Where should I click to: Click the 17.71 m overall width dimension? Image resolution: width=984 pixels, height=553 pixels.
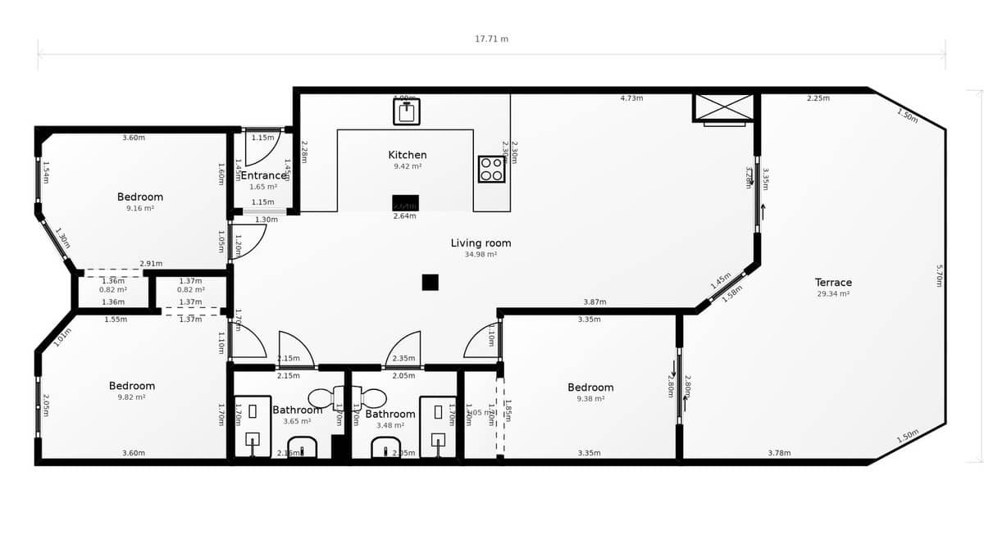pyautogui.click(x=491, y=39)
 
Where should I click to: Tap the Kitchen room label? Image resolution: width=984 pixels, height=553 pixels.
pyautogui.click(x=408, y=155)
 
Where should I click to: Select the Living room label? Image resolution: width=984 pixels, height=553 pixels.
pyautogui.click(x=481, y=243)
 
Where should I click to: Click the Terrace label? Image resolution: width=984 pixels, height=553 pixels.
pyautogui.click(x=833, y=283)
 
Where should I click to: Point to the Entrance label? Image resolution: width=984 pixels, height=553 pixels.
pyautogui.click(x=264, y=175)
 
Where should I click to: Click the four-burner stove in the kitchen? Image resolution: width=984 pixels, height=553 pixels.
pyautogui.click(x=491, y=170)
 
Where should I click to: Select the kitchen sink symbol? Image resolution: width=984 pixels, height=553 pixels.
pyautogui.click(x=406, y=111)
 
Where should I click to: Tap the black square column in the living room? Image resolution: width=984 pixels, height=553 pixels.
pyautogui.click(x=430, y=282)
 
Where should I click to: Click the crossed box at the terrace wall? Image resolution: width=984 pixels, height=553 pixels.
pyautogui.click(x=723, y=107)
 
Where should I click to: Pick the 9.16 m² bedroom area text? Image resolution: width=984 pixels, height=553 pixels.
pyautogui.click(x=140, y=208)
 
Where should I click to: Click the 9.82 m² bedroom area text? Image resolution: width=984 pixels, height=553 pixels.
pyautogui.click(x=132, y=397)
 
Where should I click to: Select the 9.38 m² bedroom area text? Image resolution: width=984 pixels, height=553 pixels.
pyautogui.click(x=590, y=399)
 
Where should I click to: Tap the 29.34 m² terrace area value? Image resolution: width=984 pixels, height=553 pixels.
pyautogui.click(x=833, y=293)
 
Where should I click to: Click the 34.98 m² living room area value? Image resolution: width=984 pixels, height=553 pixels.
pyautogui.click(x=481, y=254)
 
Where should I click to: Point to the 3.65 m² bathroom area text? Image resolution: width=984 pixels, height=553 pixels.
pyautogui.click(x=297, y=421)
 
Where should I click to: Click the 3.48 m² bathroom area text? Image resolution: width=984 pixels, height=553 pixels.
pyautogui.click(x=390, y=425)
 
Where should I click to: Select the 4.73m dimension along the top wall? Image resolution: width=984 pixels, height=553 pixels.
pyautogui.click(x=631, y=98)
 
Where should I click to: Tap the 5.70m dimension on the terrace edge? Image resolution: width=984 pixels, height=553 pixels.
pyautogui.click(x=940, y=275)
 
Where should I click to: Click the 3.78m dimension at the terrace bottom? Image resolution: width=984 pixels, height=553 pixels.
pyautogui.click(x=779, y=453)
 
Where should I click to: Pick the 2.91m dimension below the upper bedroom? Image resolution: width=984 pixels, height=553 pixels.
pyautogui.click(x=151, y=264)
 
